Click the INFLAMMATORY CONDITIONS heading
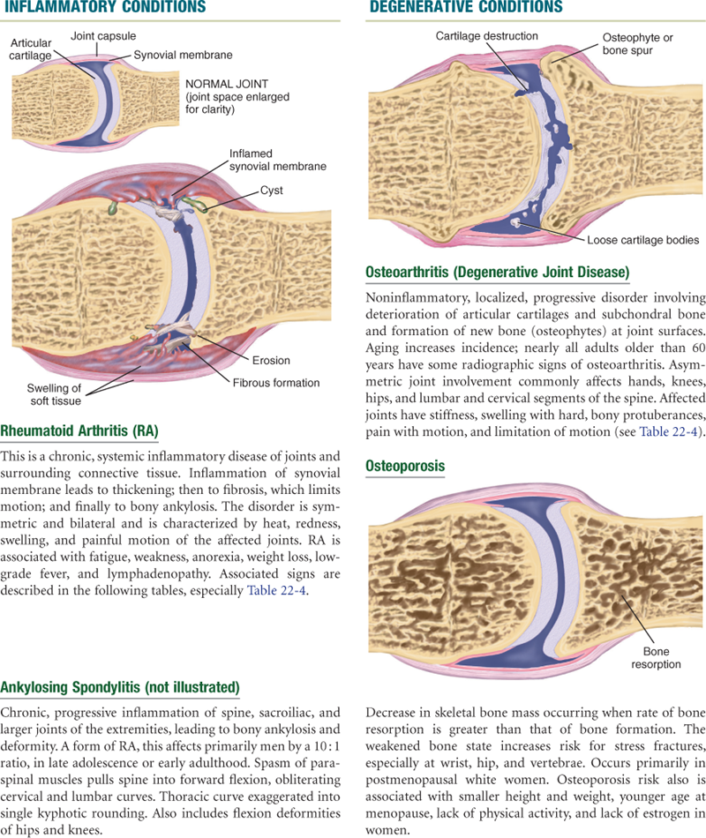(x=106, y=8)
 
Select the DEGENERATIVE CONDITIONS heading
(x=466, y=8)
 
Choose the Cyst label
(x=272, y=190)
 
